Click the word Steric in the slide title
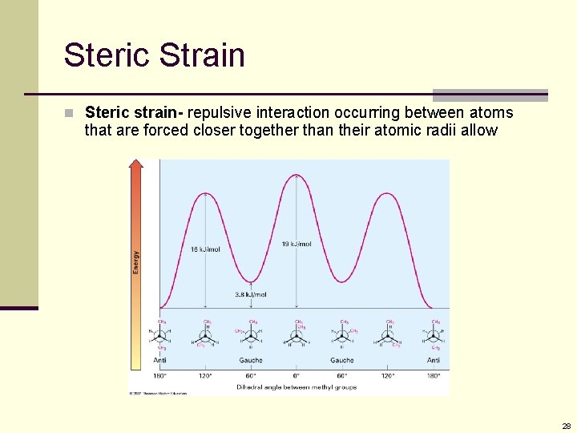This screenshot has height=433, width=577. click(x=107, y=55)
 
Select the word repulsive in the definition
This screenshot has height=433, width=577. click(x=217, y=112)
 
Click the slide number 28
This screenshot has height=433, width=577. click(x=566, y=426)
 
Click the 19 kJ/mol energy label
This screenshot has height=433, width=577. click(x=297, y=244)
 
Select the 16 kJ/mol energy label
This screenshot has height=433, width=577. click(x=205, y=249)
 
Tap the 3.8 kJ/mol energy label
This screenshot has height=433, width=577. click(x=251, y=294)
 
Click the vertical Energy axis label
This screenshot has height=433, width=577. click(x=136, y=261)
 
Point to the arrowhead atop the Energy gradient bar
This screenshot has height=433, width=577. click(x=136, y=164)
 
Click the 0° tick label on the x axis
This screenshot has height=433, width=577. click(x=297, y=374)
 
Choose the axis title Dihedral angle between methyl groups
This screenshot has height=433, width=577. click(x=297, y=386)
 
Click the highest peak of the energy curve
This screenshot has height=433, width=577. click(x=297, y=175)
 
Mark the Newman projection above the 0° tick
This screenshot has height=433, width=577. click(x=297, y=338)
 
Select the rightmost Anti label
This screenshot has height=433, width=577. click(x=434, y=360)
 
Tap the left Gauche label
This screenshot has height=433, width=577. click(x=251, y=360)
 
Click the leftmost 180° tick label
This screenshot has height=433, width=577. click(x=160, y=374)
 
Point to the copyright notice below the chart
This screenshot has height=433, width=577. click(x=158, y=393)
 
